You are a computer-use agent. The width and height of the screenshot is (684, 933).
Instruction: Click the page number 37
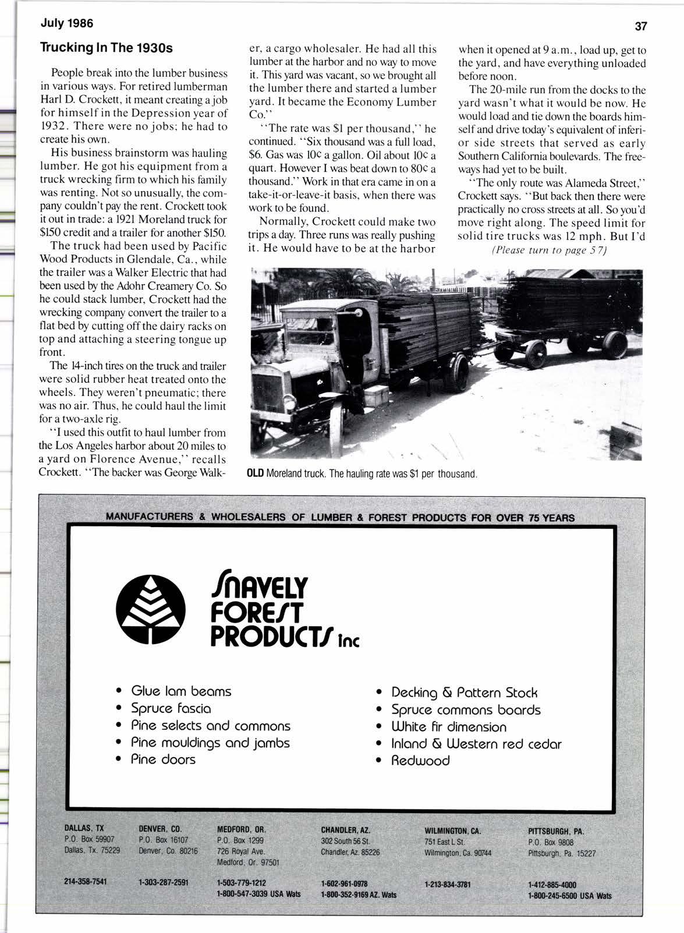pos(641,26)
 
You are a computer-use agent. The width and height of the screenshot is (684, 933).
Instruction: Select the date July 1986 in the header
pos(66,24)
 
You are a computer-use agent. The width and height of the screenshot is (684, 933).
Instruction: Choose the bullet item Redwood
pos(420,761)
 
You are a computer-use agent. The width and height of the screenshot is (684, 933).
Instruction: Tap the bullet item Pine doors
pos(163,759)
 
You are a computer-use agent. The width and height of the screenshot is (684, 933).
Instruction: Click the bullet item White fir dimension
pos(449,727)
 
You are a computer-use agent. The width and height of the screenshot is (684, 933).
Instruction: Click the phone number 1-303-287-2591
pos(164,882)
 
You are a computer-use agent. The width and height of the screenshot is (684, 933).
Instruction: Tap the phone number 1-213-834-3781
pos(448,883)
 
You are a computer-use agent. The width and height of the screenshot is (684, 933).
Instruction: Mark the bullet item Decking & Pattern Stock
pos(464,692)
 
